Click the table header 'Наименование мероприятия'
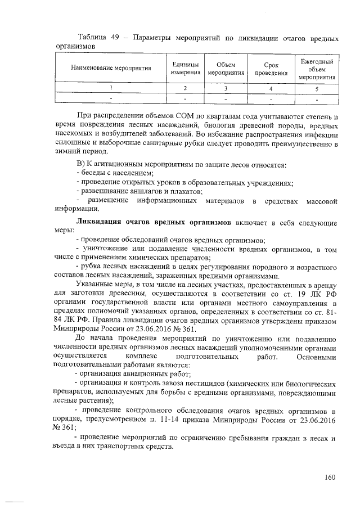tap(111, 69)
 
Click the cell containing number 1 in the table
tap(111, 88)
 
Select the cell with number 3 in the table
tap(225, 88)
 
